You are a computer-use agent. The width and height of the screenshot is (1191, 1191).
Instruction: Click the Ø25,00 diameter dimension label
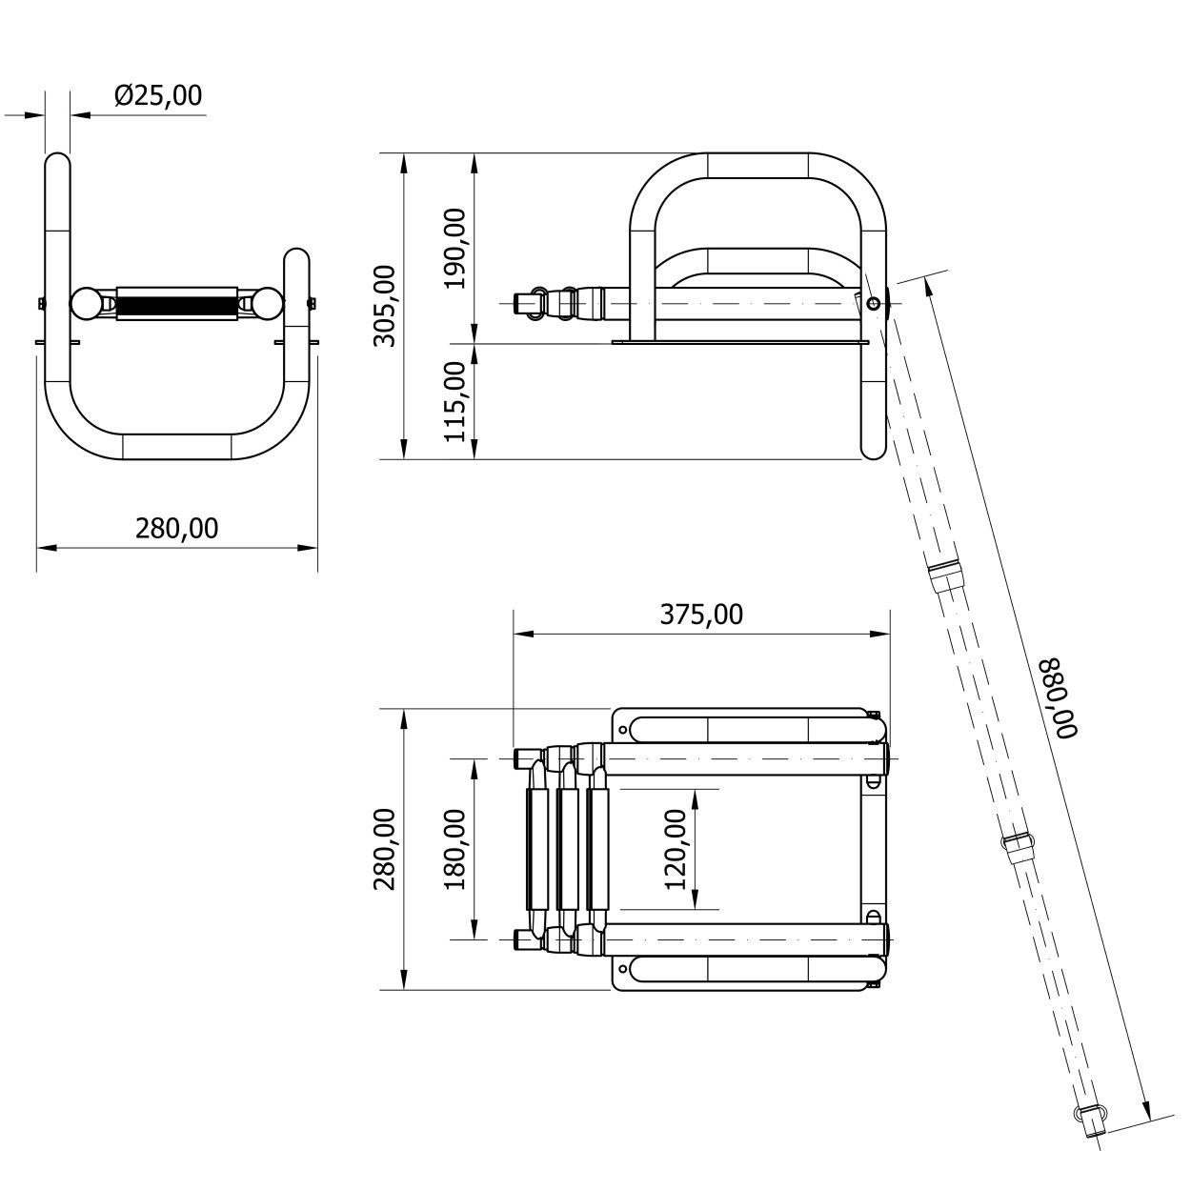coord(158,96)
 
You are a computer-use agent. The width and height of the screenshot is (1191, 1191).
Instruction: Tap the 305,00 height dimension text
coord(386,306)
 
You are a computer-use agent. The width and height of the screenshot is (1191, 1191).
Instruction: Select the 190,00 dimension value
coord(456,249)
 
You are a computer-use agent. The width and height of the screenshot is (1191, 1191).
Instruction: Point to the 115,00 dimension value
coord(455,402)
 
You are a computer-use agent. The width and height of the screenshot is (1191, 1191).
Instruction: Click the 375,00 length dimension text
coord(701,615)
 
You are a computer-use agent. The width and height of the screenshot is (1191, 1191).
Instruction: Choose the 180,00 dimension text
coord(455,849)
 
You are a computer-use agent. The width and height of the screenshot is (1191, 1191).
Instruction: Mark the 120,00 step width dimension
coord(676,849)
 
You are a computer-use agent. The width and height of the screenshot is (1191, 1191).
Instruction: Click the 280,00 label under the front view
coord(177,529)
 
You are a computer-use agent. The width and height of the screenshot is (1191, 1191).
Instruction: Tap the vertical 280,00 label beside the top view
coord(385,849)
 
